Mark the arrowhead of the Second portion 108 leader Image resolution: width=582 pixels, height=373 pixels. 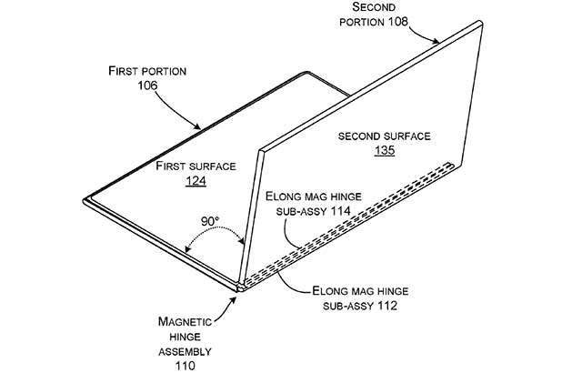(440, 42)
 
